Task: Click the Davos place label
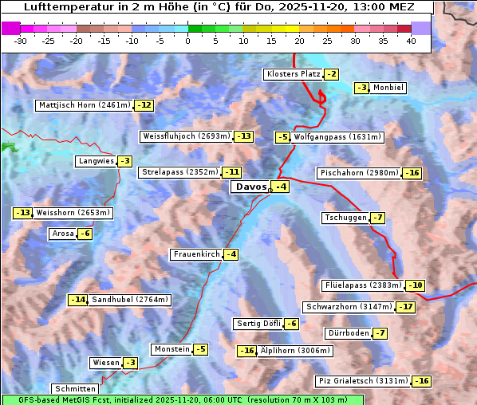pos(250,187)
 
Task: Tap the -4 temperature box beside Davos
pos(281,187)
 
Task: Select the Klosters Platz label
pos(293,74)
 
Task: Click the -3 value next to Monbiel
pos(362,88)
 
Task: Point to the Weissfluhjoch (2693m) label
pos(187,136)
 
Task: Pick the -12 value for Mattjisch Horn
pos(144,105)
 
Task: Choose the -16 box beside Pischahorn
pos(411,173)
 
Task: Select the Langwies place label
pos(95,161)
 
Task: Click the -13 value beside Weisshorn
pos(22,213)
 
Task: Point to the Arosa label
pos(62,234)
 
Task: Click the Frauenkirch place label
pos(196,254)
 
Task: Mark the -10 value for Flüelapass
pos(415,285)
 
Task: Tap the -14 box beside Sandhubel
pos(77,300)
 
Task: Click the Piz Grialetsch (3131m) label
pos(363,381)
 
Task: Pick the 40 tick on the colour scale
pos(410,41)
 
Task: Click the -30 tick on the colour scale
pos(21,41)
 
